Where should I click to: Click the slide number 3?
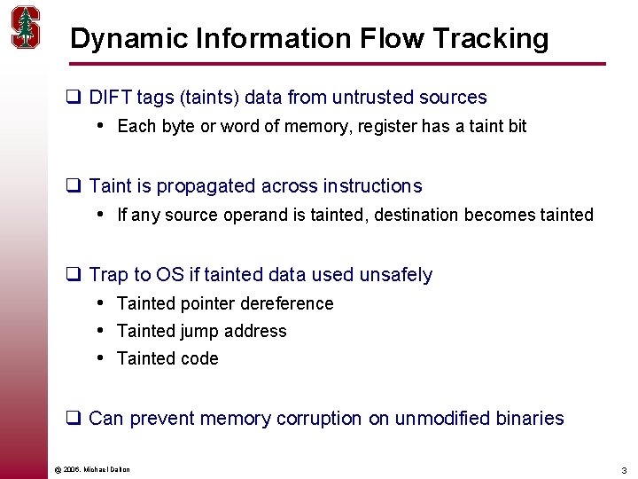[624, 469]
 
